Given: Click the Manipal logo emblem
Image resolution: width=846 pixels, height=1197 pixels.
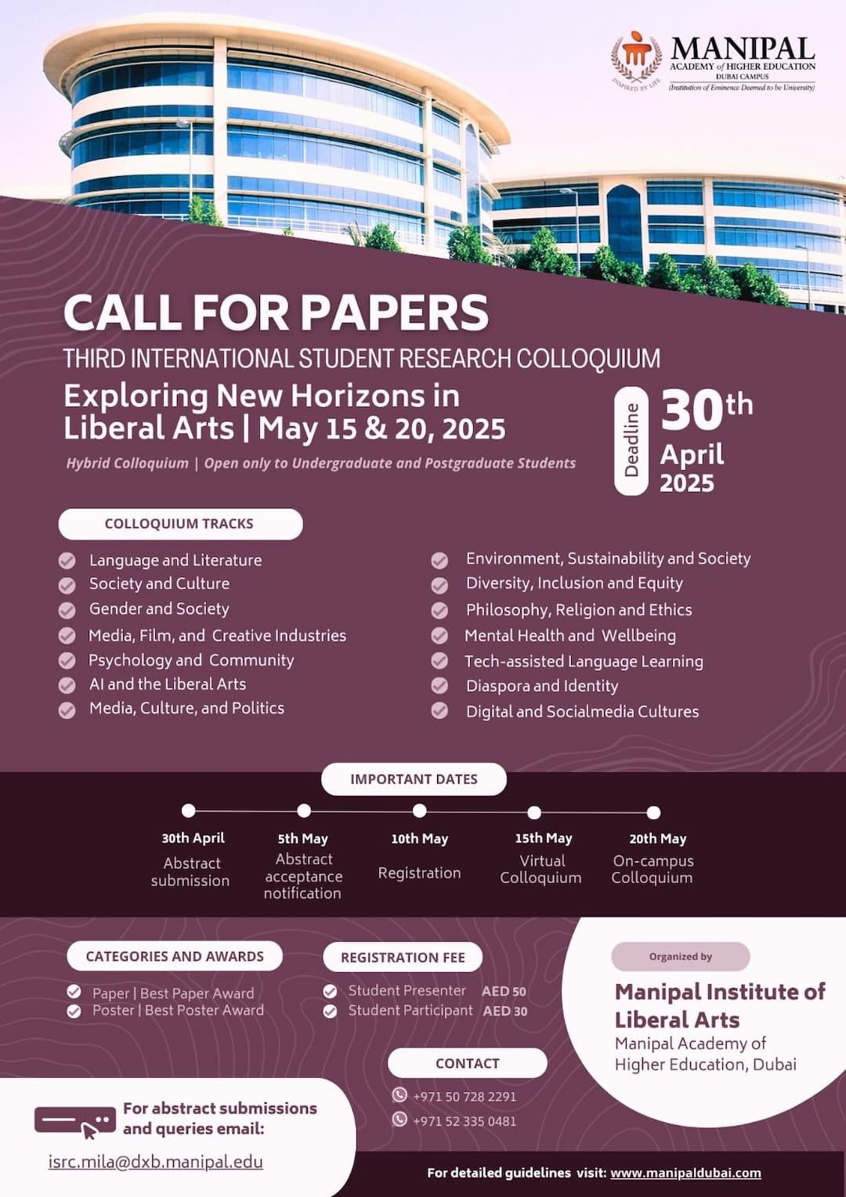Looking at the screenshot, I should coord(637,57).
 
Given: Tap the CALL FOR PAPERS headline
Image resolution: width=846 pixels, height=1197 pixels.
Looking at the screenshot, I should coord(276,313).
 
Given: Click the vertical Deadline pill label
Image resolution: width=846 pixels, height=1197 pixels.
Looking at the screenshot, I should coord(631,441).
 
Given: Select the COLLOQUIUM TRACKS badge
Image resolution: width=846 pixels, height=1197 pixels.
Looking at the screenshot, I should coord(180,523).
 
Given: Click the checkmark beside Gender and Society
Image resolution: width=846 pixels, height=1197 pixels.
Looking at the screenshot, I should coord(67,609).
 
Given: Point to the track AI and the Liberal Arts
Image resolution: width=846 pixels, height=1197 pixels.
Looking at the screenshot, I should coord(168,684).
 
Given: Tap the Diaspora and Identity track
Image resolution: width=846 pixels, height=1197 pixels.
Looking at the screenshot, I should coord(542,686).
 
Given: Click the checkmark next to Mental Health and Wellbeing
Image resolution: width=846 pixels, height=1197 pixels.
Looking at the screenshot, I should coord(439,636).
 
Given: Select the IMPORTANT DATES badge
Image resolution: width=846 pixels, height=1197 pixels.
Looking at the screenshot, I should coord(414,779).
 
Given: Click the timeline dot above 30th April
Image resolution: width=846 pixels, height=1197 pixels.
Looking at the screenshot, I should coord(188,811).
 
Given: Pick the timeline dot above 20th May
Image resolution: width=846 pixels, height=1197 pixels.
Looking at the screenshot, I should coord(653,812).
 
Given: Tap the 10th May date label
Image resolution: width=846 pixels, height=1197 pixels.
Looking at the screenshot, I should coord(420,839).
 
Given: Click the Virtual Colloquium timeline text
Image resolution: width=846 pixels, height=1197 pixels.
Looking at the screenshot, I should coord(541,870).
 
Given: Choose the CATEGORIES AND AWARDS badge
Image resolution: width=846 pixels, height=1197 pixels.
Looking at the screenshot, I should coord(175,957).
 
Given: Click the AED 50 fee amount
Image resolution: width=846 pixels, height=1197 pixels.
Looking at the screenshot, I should coord(504,992).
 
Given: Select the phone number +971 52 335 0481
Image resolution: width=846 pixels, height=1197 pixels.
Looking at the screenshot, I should coord(465,1121).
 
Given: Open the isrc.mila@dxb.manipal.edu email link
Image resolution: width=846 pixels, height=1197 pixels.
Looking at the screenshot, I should coord(156,1162).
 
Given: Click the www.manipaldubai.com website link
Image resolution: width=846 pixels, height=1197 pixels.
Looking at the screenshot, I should coord(685,1173).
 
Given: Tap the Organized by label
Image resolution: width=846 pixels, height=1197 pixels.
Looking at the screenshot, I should coord(680,957).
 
